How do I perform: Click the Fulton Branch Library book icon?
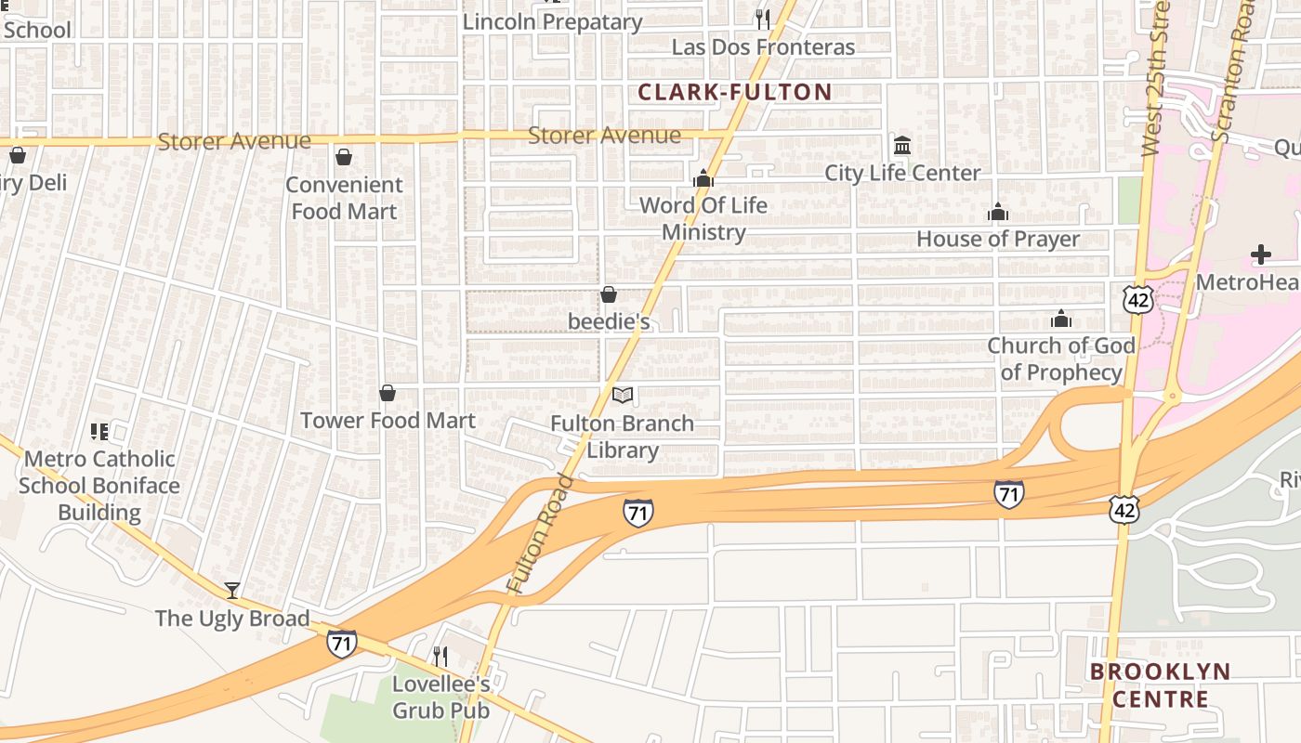(x=623, y=396)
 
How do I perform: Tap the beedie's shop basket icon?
(x=609, y=294)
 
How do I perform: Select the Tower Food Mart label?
(x=388, y=421)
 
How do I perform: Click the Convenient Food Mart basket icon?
(x=344, y=157)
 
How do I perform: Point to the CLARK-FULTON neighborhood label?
(x=734, y=92)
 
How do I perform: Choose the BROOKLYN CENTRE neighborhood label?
(x=1160, y=684)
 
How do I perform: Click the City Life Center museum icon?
(x=901, y=146)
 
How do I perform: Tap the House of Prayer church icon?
(x=998, y=213)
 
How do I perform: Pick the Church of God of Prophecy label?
(x=1061, y=358)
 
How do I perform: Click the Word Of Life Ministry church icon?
(x=703, y=178)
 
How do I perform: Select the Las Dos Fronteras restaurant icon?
(x=762, y=19)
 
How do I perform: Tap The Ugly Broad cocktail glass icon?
(x=231, y=590)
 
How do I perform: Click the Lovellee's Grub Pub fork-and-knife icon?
(x=440, y=656)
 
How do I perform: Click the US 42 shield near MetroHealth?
(x=1137, y=299)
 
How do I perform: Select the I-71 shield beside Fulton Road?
(x=637, y=513)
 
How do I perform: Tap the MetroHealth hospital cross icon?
(x=1260, y=254)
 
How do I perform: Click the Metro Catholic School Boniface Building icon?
(x=99, y=431)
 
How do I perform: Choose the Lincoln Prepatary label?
(x=552, y=21)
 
